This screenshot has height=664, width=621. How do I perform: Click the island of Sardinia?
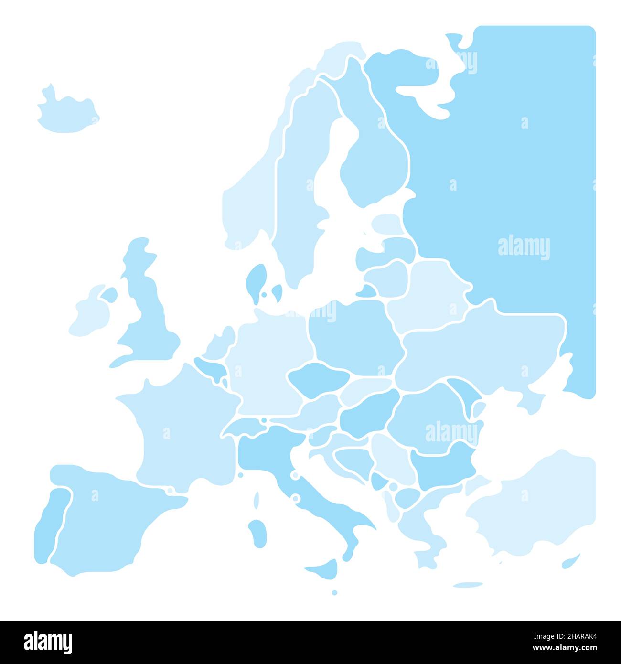pos(258,533)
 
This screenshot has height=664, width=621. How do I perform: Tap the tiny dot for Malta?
pos(334,592)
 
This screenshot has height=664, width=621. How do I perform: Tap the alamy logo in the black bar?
pos(48,642)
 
